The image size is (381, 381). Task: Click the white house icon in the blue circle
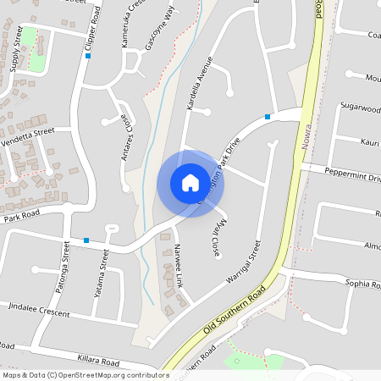[x=190, y=183]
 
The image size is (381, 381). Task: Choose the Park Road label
[x=22, y=218]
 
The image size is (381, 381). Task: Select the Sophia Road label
[x=364, y=283]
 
